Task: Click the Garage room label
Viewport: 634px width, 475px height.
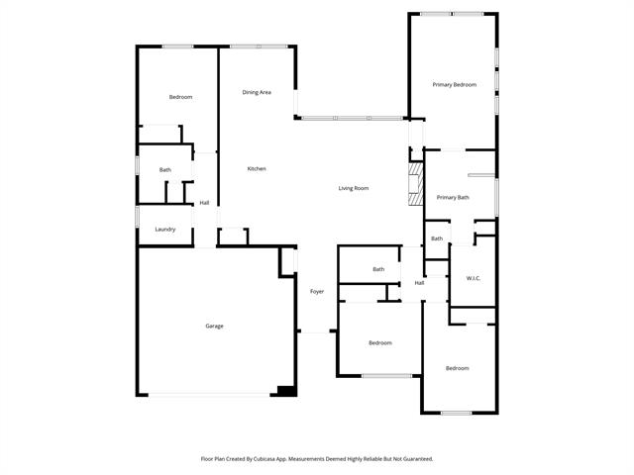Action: [x=214, y=326]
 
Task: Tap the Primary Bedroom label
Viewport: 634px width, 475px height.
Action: [x=455, y=85]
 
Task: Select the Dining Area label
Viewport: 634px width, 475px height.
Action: [x=257, y=92]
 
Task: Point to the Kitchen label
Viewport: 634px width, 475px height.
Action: [x=257, y=169]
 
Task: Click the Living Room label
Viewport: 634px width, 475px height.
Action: [x=354, y=188]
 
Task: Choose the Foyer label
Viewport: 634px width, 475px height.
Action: [x=317, y=292]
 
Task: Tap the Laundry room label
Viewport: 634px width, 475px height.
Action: [x=165, y=230]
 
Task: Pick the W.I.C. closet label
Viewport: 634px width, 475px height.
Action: [x=474, y=278]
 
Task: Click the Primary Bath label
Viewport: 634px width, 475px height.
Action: [x=453, y=198]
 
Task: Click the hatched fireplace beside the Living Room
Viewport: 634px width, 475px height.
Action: [x=415, y=184]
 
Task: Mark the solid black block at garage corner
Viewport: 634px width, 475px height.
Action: [x=287, y=391]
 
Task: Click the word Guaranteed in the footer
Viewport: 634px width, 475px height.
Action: [x=418, y=459]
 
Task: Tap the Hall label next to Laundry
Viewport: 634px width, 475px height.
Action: [x=204, y=203]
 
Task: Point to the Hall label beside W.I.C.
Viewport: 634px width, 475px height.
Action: [x=419, y=283]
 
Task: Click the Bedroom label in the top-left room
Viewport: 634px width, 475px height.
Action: [x=180, y=97]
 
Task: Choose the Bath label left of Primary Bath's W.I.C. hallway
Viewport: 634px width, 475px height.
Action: [x=437, y=238]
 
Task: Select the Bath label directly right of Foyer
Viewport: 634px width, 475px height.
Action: [x=378, y=269]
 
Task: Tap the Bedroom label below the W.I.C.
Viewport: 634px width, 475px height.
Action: [x=458, y=368]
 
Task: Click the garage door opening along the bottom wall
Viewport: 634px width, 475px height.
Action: [x=209, y=395]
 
